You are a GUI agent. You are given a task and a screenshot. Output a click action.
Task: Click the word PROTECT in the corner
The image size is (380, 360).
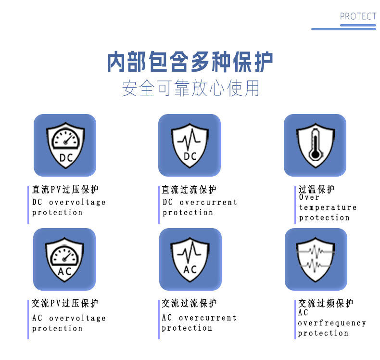358,16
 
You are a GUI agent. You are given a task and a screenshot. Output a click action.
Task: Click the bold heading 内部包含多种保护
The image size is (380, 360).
190,62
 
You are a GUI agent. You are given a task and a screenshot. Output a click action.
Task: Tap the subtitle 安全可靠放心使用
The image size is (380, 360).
190,88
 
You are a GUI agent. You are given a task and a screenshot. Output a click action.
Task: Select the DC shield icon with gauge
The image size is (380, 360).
65,145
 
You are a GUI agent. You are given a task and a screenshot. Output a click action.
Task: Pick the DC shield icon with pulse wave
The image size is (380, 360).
190,145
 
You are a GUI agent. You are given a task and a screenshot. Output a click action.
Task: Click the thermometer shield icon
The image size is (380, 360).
315,145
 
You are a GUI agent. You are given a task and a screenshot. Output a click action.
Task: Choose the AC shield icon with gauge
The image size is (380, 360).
64,259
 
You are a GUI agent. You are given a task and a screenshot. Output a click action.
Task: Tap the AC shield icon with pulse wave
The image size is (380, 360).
190,259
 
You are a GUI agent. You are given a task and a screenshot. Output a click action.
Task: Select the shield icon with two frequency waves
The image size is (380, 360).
316,259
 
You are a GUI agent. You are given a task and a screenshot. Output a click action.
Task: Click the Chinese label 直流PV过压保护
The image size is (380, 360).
65,190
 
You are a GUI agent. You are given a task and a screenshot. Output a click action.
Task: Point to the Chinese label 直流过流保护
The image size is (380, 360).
189,190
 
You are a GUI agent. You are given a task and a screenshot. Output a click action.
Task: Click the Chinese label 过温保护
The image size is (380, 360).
317,189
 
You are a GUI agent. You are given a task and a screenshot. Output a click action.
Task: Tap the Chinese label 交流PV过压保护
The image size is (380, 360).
65,303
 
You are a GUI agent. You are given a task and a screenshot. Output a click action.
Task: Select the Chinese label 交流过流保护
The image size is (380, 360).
189,303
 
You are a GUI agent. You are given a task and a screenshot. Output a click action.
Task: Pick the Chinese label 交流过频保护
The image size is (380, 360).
326,303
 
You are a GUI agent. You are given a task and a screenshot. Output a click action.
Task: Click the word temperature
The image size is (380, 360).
328,208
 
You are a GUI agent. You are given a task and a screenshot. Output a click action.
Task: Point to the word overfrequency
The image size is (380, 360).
332,323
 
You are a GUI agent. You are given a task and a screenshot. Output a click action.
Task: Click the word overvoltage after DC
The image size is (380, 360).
77,203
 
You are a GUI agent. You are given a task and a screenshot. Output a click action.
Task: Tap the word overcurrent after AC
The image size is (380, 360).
207,318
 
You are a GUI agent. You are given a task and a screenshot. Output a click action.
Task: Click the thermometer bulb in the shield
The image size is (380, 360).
315,154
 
